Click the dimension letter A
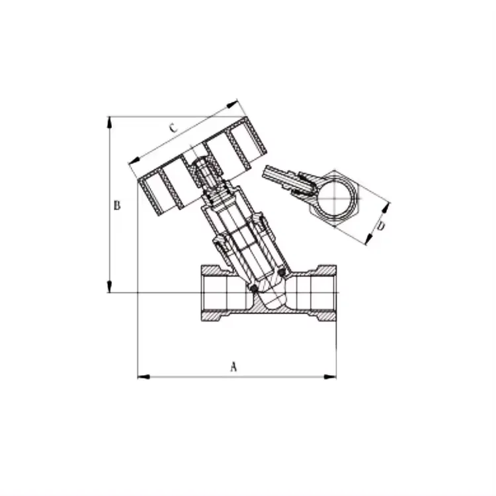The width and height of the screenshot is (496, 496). pos(233,367)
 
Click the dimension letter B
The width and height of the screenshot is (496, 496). pos(116,205)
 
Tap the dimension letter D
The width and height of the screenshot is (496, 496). pos(381,227)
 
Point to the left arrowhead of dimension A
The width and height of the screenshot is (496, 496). pos(141,378)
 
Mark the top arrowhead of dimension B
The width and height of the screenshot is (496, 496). pos(109,121)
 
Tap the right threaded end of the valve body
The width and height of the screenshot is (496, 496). pos(325,293)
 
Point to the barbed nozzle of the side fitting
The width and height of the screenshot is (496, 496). pos(272,175)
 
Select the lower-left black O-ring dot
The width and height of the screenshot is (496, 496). pos(253,288)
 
